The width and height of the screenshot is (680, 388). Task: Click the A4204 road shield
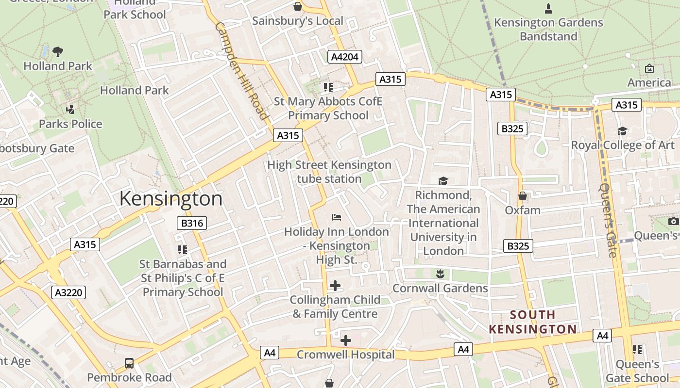point(344,57)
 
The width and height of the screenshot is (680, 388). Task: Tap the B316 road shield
point(191,223)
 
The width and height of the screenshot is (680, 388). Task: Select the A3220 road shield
point(68,292)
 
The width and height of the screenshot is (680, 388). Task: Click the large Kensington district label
point(170,199)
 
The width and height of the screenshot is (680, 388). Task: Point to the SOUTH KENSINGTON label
point(532,322)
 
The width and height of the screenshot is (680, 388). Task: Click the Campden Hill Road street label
point(241,70)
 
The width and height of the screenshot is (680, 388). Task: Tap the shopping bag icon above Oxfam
point(523,196)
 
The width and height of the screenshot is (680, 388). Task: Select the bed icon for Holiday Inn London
point(336,217)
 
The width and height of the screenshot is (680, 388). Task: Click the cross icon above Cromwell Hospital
point(345,340)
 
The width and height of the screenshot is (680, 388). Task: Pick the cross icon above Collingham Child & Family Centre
point(335,286)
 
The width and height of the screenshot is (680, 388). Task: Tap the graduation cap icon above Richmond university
point(443,181)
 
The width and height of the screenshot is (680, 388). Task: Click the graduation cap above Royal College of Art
point(622,131)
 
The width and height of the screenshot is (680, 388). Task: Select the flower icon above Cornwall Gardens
point(440,274)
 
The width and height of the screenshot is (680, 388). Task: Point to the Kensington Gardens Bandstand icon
point(548,8)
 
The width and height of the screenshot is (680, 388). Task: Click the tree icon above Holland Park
point(57,51)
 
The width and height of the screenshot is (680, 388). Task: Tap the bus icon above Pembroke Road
point(129,363)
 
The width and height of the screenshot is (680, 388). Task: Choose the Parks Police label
point(70,124)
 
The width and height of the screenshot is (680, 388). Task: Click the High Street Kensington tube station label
point(329,172)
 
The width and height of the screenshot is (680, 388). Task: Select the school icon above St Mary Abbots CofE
point(328,87)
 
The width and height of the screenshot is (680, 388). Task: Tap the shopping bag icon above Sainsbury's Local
point(298,6)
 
